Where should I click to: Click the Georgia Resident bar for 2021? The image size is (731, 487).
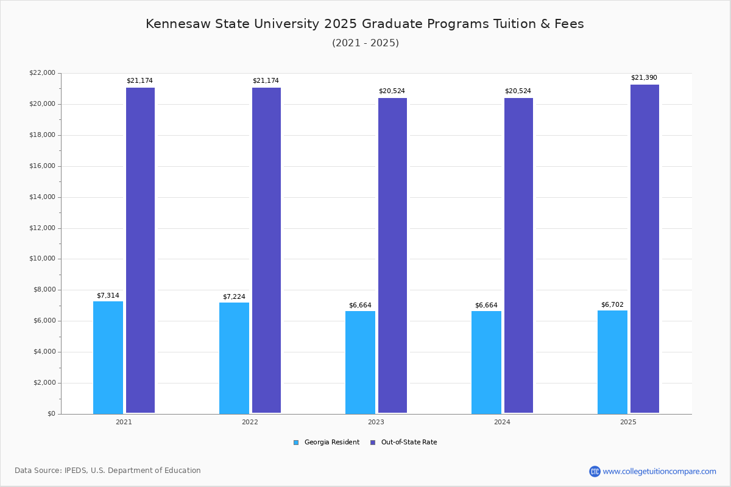point(108,357)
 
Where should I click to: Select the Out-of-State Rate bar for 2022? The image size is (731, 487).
point(266,250)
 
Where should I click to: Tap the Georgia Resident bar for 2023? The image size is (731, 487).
point(360,362)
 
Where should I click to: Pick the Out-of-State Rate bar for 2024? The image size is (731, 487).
point(518,255)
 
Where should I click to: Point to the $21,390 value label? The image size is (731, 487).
point(644,78)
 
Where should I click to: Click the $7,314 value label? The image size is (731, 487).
point(108,296)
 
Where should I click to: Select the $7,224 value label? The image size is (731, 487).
point(234,297)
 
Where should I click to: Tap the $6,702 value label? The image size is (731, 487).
point(612,305)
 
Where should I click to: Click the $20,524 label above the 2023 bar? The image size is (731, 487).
point(392,91)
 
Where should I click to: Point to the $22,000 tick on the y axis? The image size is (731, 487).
point(42,73)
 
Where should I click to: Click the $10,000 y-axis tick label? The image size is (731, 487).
point(42,259)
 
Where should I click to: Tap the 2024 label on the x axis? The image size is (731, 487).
point(502,422)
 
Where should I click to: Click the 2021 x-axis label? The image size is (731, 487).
point(124,422)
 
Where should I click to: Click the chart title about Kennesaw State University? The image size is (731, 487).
point(365,24)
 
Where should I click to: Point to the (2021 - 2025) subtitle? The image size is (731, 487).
point(365,43)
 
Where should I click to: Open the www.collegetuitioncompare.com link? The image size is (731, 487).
point(659,471)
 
